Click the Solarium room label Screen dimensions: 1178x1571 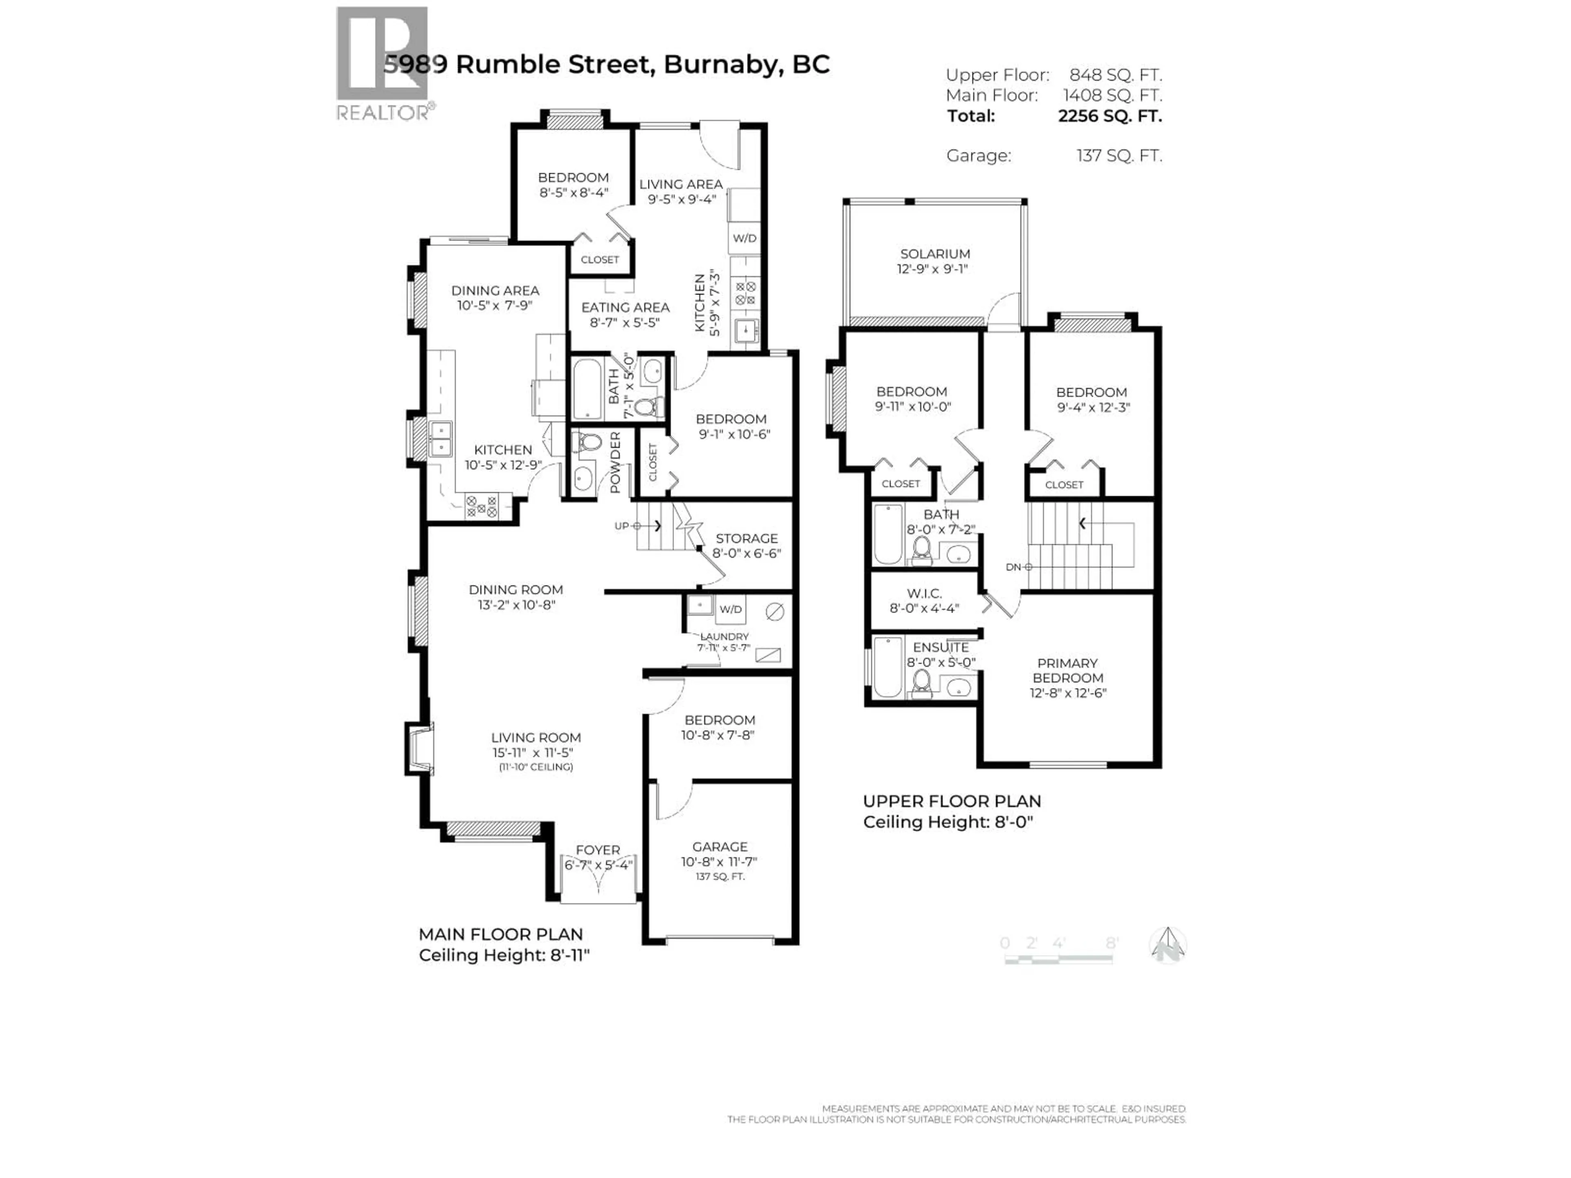coord(935,254)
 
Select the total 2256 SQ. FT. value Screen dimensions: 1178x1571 coord(1110,116)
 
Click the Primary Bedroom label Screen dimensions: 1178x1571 coord(1067,670)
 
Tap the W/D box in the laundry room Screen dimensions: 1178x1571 coord(730,609)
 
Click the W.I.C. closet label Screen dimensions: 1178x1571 coord(924,593)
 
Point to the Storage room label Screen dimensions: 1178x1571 coord(747,538)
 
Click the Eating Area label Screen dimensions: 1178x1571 coord(625,308)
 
